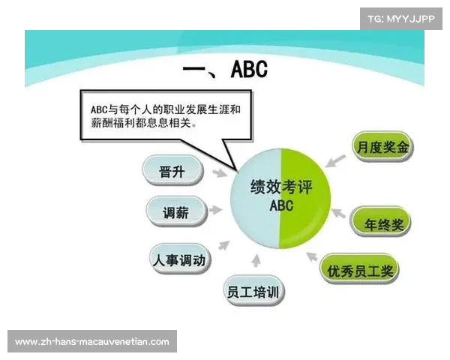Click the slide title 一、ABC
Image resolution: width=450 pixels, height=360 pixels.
coord(224,70)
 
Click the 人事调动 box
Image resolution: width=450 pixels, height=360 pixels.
coord(180,259)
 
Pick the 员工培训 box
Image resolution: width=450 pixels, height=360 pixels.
coord(255,291)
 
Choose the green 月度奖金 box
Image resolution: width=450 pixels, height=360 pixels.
coord(382,147)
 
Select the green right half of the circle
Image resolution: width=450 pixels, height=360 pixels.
coord(304,199)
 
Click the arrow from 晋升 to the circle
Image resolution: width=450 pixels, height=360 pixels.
coord(218,174)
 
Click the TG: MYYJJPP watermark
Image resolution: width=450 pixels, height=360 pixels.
coord(400,19)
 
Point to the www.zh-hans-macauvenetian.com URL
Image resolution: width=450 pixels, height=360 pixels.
coord(92,341)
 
